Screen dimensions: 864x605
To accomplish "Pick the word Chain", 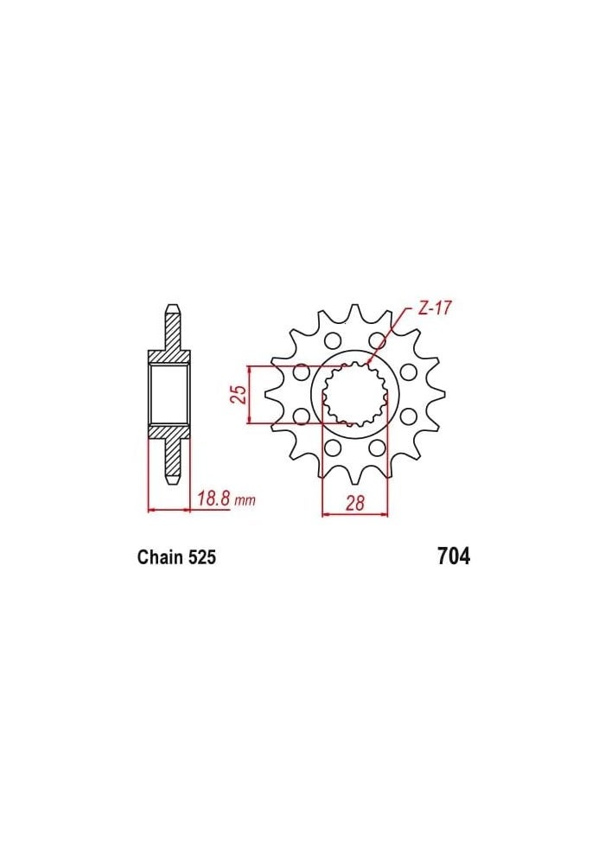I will pos(160,557).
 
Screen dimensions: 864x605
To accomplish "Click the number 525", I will pos(201,557).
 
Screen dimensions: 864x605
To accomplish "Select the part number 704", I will pos(454,556).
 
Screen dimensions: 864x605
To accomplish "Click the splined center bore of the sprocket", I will pos(353,396).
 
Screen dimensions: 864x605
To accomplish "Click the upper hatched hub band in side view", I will pos(169,357).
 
